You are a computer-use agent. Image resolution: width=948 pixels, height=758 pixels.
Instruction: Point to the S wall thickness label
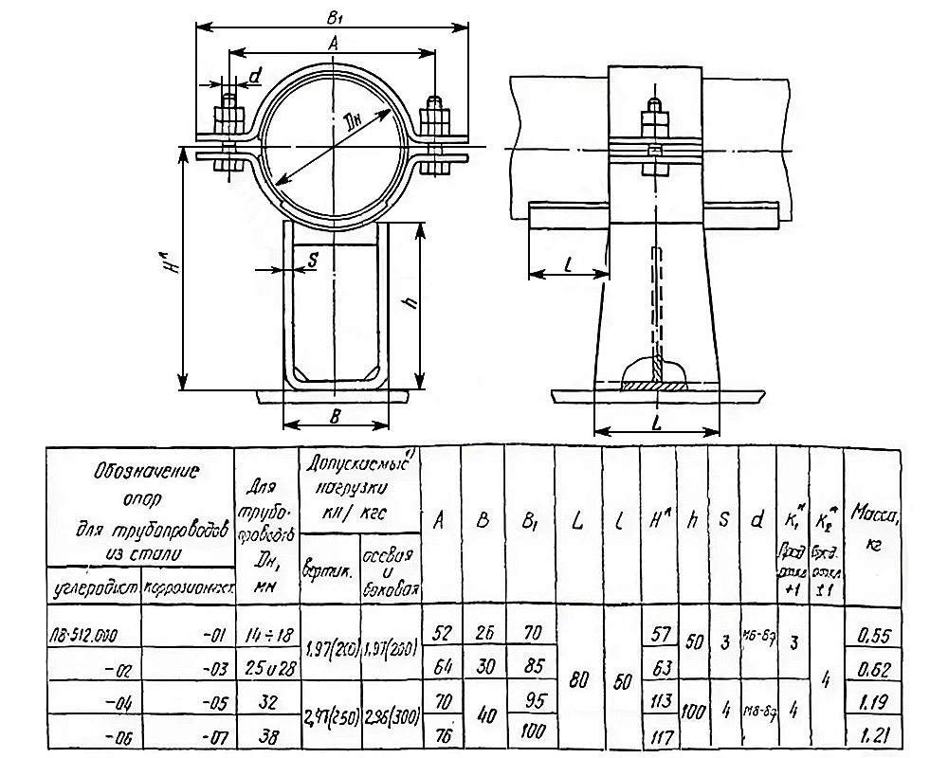point(313,260)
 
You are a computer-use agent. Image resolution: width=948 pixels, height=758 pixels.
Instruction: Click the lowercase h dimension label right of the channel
point(410,303)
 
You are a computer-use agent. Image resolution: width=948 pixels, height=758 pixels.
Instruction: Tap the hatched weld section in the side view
point(654,383)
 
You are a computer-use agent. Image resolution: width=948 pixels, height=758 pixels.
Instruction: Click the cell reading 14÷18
point(265,634)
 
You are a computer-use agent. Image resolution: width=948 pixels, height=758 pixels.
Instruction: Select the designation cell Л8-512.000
point(92,634)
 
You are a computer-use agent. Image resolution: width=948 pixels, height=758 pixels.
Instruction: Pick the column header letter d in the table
point(756,520)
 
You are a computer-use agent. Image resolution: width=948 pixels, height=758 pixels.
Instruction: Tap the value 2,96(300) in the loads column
point(387,716)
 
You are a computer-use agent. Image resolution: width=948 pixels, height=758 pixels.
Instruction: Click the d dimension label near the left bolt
point(254,75)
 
